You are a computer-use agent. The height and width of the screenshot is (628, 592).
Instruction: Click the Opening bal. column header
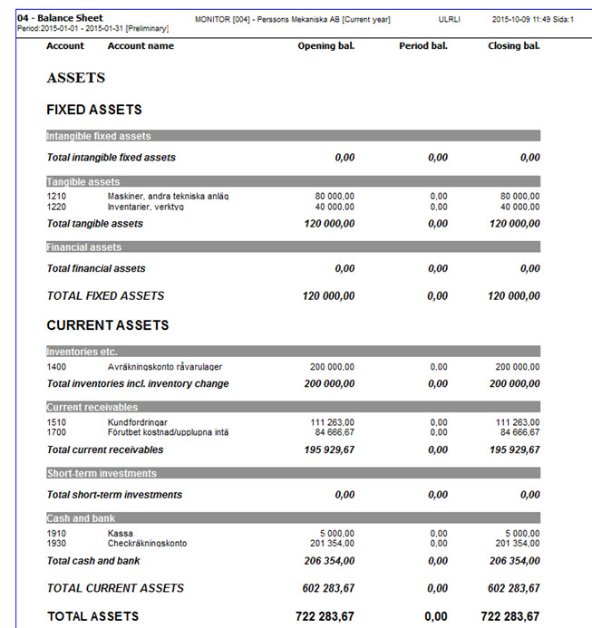pos(325,45)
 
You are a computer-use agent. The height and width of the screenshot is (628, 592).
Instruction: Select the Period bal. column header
pos(423,45)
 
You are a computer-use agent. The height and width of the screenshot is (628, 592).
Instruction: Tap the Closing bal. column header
pos(513,45)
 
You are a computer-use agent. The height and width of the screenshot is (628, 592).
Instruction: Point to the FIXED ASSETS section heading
pos(94,110)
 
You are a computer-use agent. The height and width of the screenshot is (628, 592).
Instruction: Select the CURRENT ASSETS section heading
pos(107,325)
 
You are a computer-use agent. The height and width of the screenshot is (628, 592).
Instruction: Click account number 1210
pos(56,196)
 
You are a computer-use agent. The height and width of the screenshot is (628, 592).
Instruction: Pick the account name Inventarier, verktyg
pos(145,207)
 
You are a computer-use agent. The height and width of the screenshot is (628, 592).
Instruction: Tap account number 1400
pos(56,367)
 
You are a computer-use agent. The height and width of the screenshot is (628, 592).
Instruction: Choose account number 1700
pos(56,432)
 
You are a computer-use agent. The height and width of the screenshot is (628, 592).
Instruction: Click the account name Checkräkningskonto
pos(147,543)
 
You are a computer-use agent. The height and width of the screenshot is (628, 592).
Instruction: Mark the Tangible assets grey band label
pos(83,182)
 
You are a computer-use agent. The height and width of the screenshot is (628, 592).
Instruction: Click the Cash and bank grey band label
pos(82,518)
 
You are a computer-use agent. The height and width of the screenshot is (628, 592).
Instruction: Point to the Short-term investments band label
pos(102,474)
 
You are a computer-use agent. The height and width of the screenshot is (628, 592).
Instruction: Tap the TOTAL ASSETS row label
pos(92,616)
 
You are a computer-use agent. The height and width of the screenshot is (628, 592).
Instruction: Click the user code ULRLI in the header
pos(449,18)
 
